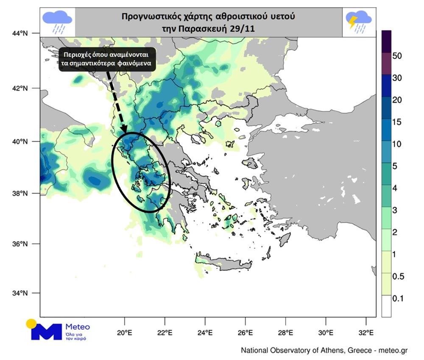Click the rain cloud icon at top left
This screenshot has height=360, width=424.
click(x=57, y=21)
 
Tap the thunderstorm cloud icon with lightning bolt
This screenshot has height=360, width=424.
click(x=358, y=21)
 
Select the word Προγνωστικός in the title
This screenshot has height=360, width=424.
click(x=146, y=17)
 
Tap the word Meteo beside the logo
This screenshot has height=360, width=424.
click(x=78, y=327)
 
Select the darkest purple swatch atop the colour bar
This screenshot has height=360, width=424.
click(x=386, y=41)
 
